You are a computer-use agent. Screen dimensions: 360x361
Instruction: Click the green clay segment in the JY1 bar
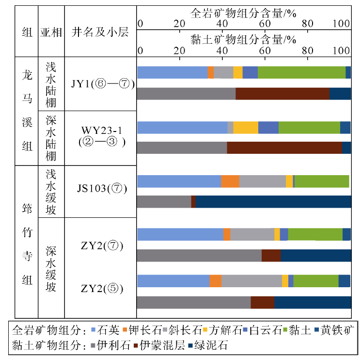301,72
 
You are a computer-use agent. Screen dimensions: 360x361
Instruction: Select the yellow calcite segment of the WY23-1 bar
246,128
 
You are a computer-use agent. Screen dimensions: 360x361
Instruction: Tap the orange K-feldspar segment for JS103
230,181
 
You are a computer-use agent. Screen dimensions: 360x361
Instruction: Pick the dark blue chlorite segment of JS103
273,201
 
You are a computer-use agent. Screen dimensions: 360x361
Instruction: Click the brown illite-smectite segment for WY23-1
284,147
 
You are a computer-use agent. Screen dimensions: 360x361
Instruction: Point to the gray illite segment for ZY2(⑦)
199,255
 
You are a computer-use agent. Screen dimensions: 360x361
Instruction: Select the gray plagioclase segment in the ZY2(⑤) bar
251,281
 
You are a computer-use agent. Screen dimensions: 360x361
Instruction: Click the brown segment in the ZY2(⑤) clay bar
262,302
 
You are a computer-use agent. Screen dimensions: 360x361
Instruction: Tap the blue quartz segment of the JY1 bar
173,72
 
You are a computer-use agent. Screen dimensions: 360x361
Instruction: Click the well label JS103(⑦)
100,188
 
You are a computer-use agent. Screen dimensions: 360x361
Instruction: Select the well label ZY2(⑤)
100,290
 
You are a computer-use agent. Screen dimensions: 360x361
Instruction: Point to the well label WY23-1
100,131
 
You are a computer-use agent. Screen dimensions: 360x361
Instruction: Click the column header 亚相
51,33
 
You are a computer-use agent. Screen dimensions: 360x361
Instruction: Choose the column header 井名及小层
100,33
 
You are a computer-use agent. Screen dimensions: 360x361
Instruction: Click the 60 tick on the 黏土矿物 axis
264,50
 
